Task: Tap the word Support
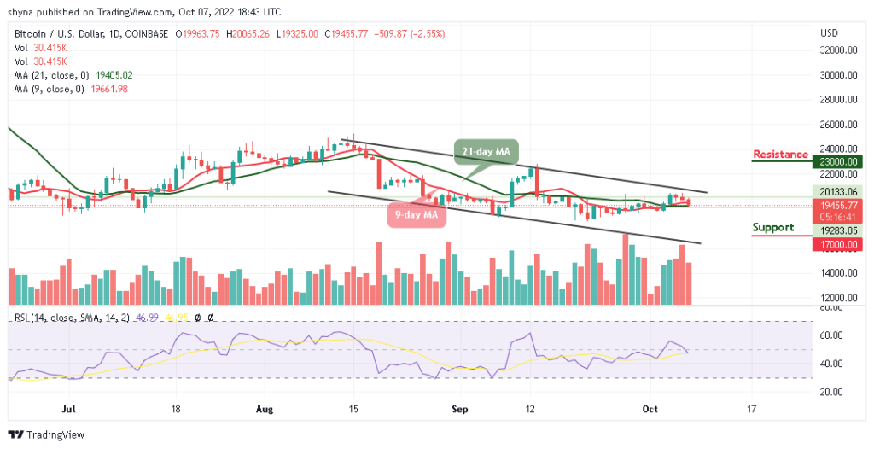pyautogui.click(x=773, y=227)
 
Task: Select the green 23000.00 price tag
pyautogui.click(x=839, y=160)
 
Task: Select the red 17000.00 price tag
pyautogui.click(x=839, y=243)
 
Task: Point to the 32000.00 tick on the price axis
pyautogui.click(x=838, y=50)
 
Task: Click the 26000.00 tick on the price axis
pyautogui.click(x=838, y=125)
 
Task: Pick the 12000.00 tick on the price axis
pyautogui.click(x=838, y=298)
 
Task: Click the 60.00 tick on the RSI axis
pyautogui.click(x=831, y=335)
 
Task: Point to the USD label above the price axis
pyautogui.click(x=829, y=33)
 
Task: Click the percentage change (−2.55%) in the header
pyautogui.click(x=427, y=34)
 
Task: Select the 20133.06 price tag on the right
pyautogui.click(x=839, y=192)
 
